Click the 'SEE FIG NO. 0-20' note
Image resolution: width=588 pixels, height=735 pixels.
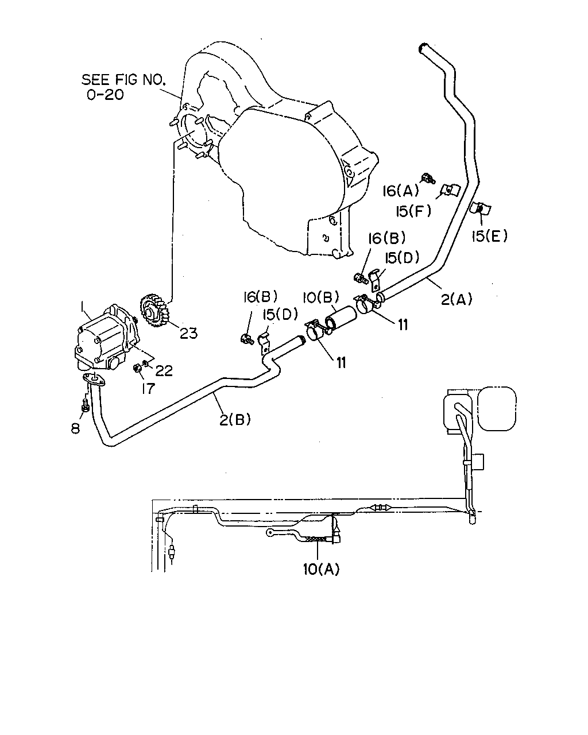(x=123, y=87)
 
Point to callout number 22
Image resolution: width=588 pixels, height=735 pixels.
(x=164, y=370)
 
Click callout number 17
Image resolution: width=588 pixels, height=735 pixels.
(x=148, y=388)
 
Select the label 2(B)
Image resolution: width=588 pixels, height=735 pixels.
(x=235, y=419)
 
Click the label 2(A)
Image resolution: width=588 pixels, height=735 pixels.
(x=457, y=299)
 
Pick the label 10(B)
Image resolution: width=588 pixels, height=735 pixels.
(x=321, y=297)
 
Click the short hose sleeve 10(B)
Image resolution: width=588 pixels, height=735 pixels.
(x=341, y=320)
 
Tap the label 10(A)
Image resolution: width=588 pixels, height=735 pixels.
(x=321, y=569)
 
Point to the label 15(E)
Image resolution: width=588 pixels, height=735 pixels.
(x=489, y=236)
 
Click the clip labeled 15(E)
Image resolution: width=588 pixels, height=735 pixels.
(x=479, y=208)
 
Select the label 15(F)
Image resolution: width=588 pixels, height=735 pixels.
(x=413, y=212)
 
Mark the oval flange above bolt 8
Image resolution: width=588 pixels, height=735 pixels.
(x=94, y=380)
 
